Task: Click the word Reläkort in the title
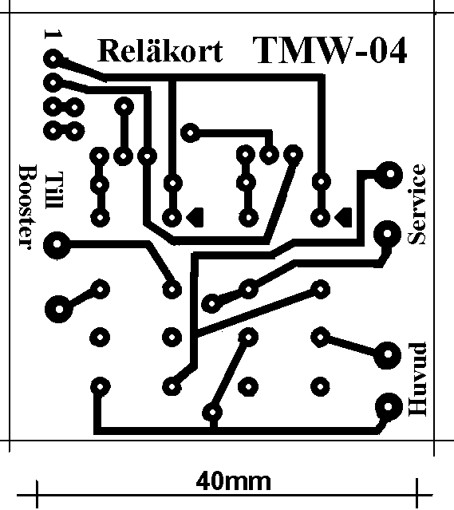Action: click(x=160, y=51)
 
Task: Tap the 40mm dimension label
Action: click(x=233, y=481)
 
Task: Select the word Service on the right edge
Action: click(x=416, y=204)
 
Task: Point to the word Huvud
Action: click(x=417, y=379)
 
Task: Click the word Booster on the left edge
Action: click(x=27, y=207)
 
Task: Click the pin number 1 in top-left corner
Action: click(x=53, y=34)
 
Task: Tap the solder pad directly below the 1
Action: click(x=53, y=60)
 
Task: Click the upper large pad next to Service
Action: click(x=389, y=174)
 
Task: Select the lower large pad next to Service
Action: click(x=387, y=234)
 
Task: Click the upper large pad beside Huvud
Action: click(x=387, y=354)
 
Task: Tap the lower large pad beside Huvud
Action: click(x=388, y=406)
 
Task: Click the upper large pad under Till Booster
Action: click(x=57, y=244)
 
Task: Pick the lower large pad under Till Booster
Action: click(x=59, y=309)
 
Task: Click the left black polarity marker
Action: click(x=195, y=217)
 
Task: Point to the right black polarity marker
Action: click(x=343, y=217)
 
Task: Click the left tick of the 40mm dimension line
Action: click(x=37, y=494)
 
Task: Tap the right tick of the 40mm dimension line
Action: click(x=416, y=494)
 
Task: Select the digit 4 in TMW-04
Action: click(x=395, y=49)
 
